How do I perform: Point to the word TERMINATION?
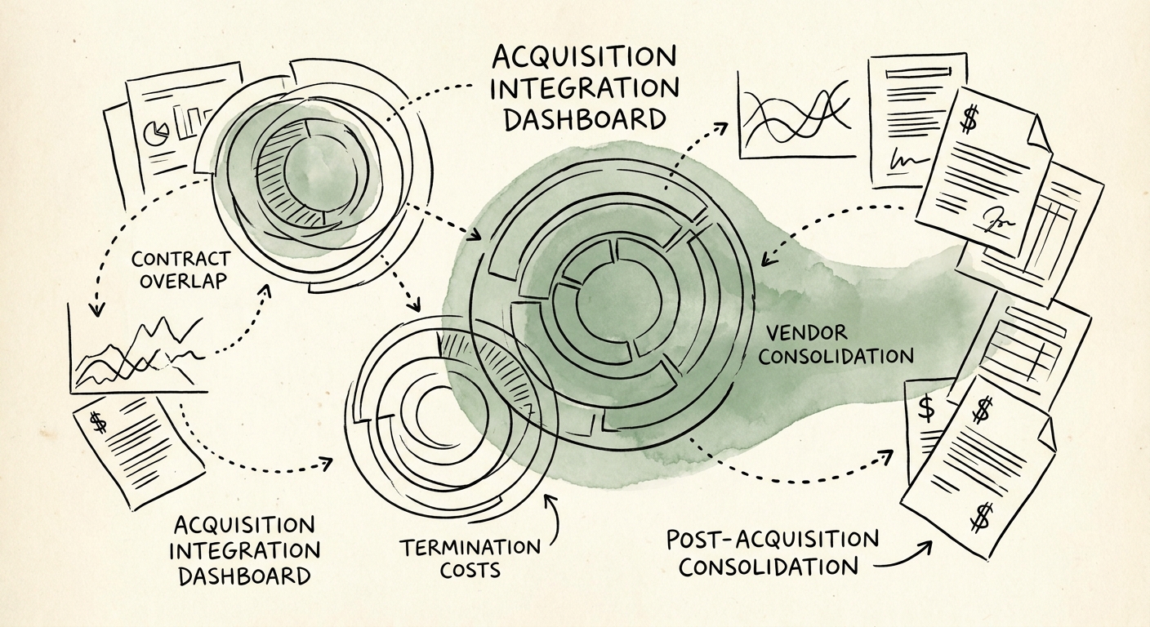point(470,547)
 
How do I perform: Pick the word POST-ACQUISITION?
point(772,540)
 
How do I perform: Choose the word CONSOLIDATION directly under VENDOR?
point(840,356)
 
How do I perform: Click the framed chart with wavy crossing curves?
point(795,114)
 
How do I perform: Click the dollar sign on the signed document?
point(969,120)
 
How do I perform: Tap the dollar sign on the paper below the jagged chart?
point(98,422)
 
